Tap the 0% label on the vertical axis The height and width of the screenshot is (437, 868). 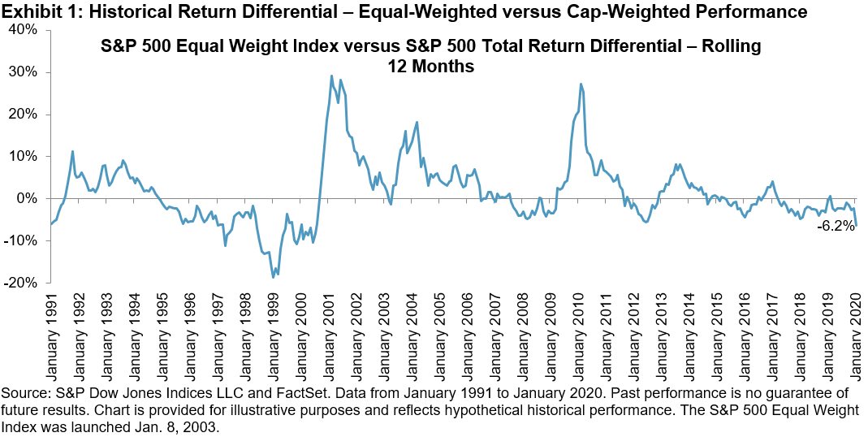pos(30,198)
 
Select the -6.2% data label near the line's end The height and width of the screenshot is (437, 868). pos(836,228)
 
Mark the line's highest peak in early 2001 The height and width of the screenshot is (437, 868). pos(331,76)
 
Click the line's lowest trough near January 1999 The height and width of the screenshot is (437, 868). pos(274,278)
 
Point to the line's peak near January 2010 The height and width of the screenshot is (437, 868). pos(581,84)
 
